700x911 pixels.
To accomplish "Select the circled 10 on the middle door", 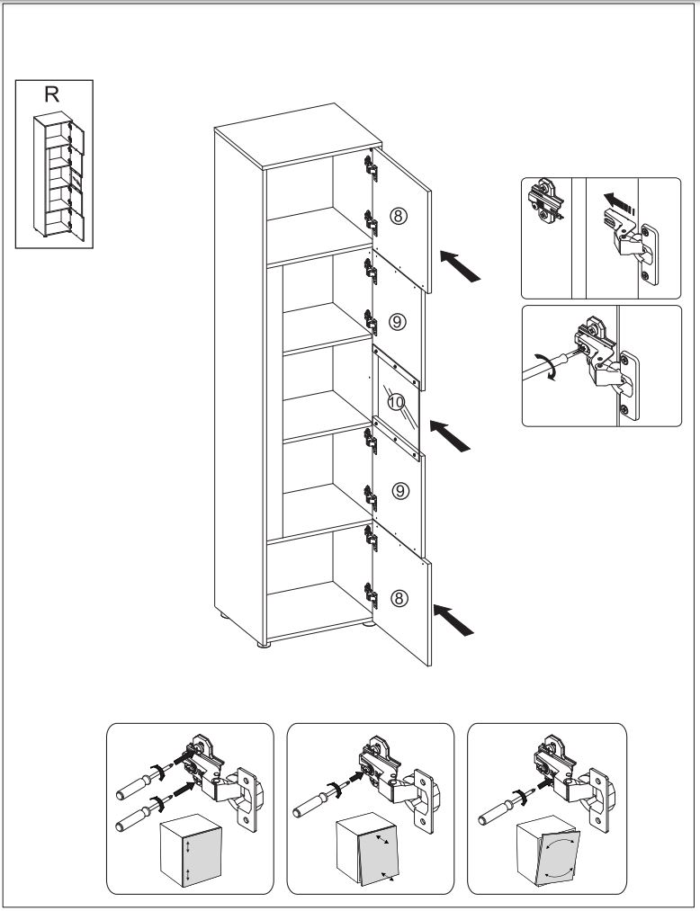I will tap(397, 402).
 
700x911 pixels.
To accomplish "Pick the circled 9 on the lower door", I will tap(401, 490).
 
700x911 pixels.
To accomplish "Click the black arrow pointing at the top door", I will tap(461, 266).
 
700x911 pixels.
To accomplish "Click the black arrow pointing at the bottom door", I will tap(454, 620).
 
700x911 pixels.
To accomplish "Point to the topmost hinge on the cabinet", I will tap(369, 164).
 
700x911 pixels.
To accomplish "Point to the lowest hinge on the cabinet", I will tap(369, 591).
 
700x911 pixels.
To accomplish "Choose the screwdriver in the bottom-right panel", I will tap(500, 802).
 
